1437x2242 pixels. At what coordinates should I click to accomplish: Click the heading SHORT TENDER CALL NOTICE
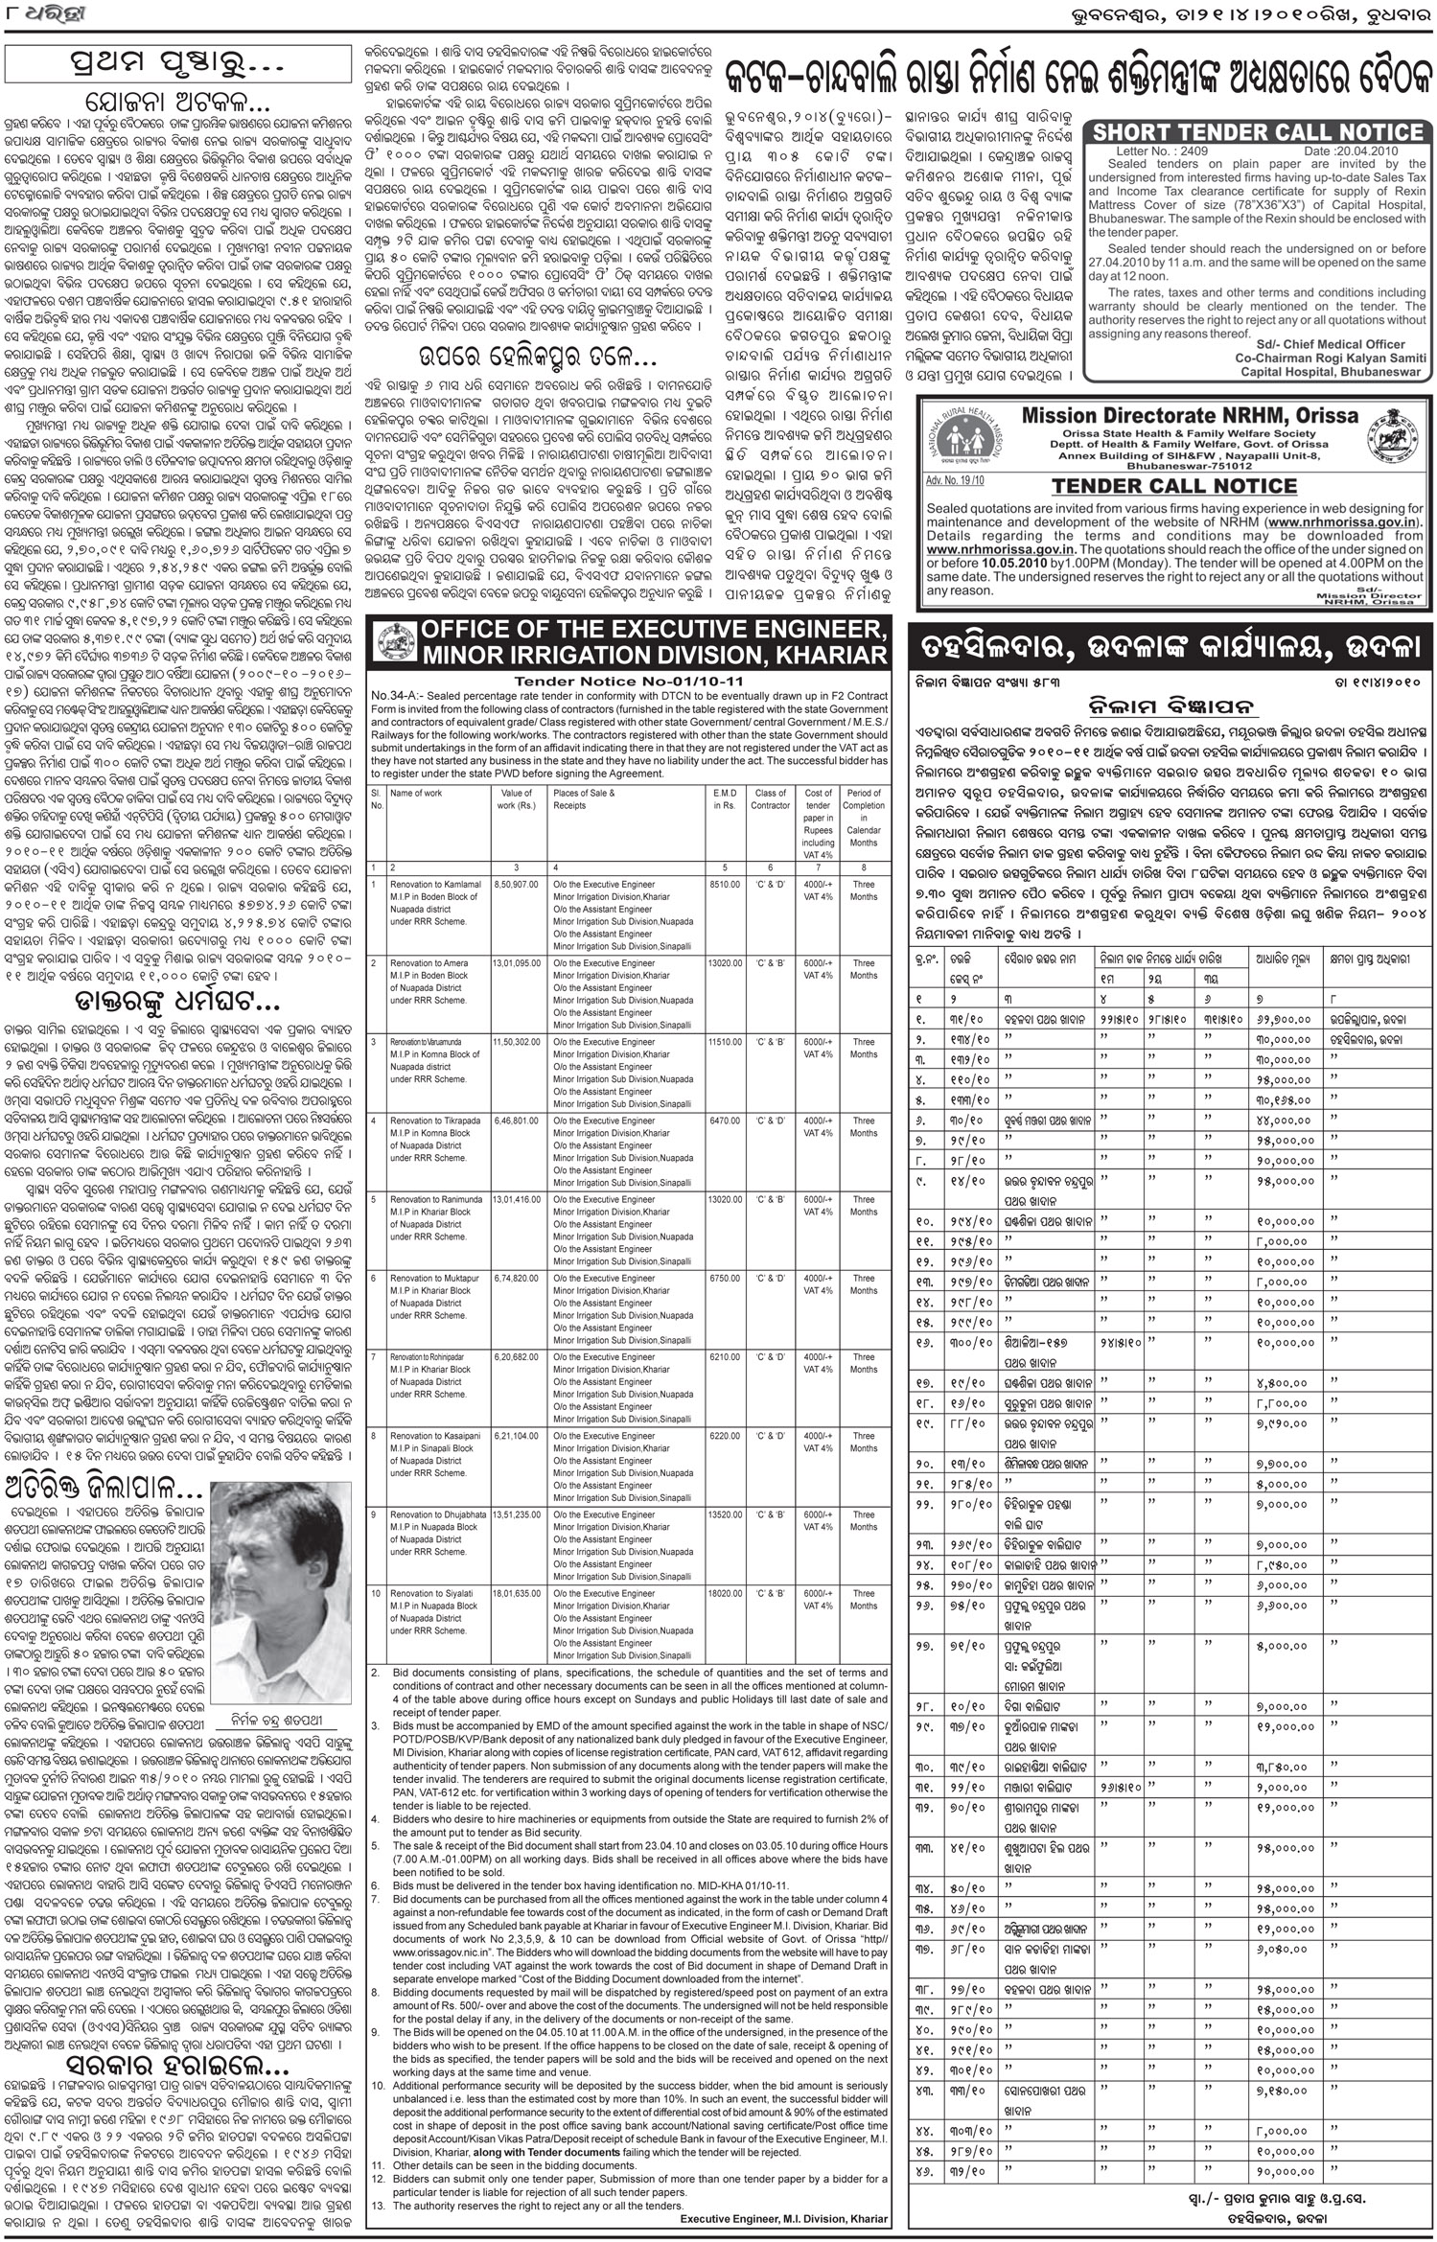(1258, 131)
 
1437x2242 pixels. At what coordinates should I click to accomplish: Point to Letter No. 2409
(1162, 151)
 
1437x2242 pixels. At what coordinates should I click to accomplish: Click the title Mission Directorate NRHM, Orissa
(1190, 415)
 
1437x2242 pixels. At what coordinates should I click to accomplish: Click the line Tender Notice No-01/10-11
(628, 680)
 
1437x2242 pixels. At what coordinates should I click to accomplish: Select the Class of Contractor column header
(771, 799)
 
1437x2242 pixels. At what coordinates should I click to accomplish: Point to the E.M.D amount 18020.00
(727, 1594)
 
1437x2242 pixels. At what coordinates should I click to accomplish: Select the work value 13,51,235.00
(518, 1515)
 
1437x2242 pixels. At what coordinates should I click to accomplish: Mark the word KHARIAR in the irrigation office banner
(824, 656)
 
